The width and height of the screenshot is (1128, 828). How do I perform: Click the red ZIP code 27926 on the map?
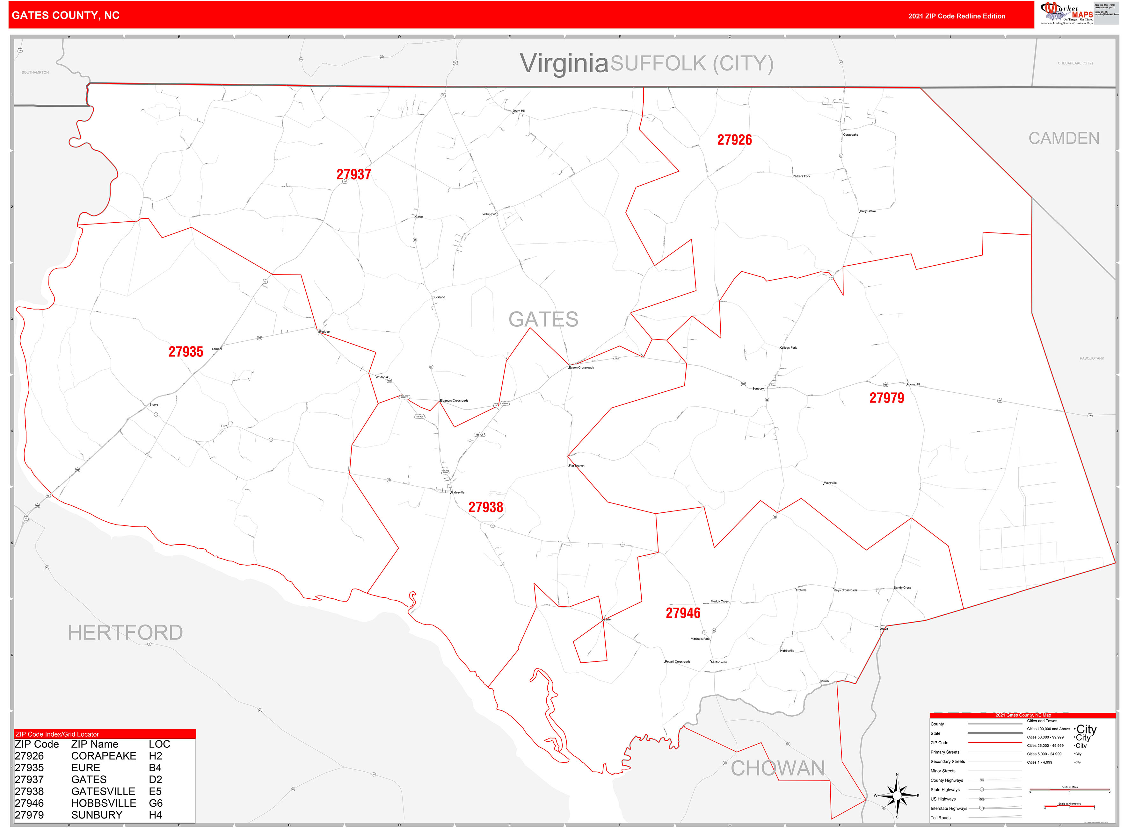[734, 140]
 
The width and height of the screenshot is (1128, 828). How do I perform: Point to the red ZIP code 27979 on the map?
[886, 398]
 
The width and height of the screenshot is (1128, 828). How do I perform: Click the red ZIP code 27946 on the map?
[683, 613]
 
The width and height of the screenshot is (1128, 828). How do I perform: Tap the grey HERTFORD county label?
[125, 632]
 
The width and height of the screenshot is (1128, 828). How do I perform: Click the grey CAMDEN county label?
[1064, 138]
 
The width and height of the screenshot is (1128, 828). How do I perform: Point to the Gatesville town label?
[457, 492]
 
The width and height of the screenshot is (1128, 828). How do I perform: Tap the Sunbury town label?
[758, 389]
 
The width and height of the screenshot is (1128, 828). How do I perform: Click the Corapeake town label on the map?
[851, 135]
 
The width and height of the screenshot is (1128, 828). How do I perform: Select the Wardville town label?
[830, 483]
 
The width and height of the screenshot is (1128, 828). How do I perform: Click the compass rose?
[897, 796]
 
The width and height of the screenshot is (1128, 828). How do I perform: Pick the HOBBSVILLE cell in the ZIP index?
[103, 803]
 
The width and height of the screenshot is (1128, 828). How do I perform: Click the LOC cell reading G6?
[156, 803]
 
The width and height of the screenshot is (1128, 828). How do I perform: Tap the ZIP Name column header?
[94, 744]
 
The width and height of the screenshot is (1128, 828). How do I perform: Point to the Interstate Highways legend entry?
[949, 809]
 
